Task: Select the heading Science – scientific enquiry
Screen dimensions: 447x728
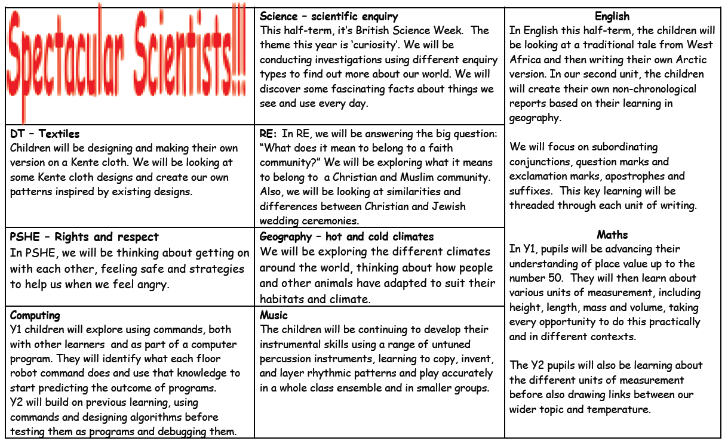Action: (x=328, y=17)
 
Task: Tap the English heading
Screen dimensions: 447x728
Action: (x=612, y=17)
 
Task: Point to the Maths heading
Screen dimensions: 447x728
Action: (x=612, y=235)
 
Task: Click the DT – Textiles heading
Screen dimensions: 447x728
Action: (x=45, y=134)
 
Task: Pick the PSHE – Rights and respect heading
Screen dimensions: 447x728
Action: (x=84, y=237)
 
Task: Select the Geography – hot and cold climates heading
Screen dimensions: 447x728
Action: (x=346, y=237)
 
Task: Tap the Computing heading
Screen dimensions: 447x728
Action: (x=35, y=315)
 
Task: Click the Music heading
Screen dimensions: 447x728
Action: (x=274, y=315)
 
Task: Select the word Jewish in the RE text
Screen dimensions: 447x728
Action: (x=446, y=206)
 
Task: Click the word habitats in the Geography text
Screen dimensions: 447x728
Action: (x=281, y=300)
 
